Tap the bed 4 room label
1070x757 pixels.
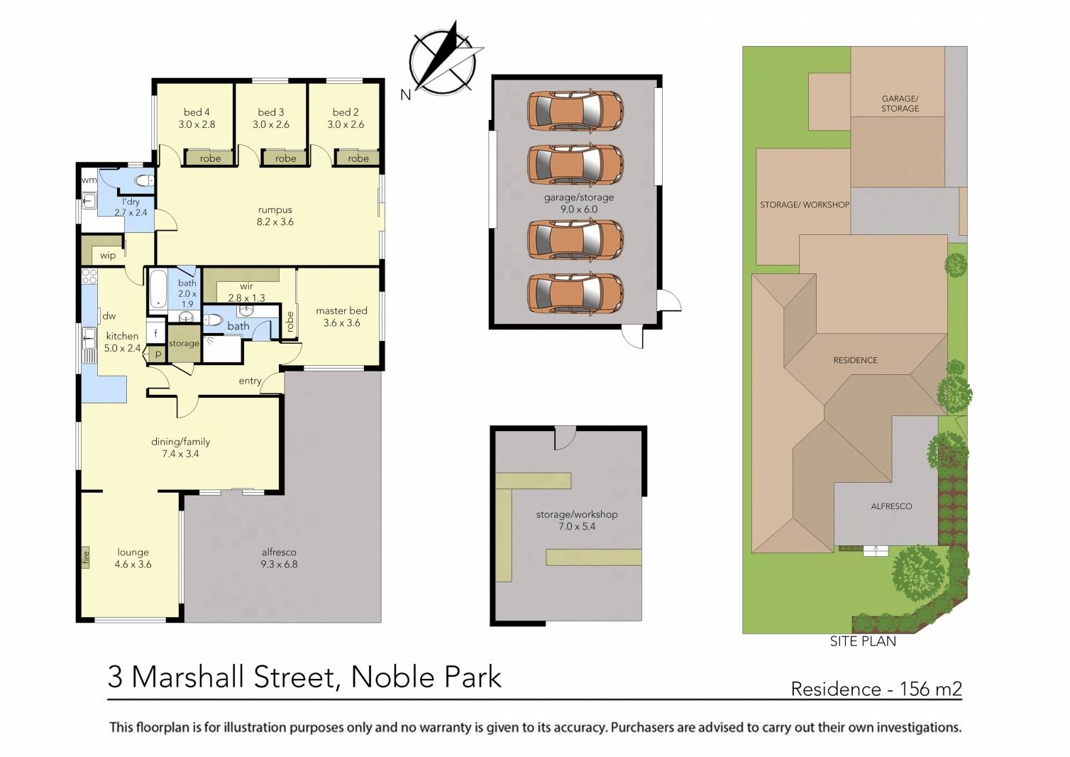(197, 118)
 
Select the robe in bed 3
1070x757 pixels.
(286, 158)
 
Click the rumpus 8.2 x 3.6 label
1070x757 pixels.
(275, 216)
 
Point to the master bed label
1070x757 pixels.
(341, 317)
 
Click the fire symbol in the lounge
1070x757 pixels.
(86, 557)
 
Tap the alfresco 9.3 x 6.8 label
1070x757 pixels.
(279, 558)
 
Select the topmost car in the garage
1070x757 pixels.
(575, 111)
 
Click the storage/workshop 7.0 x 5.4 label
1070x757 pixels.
(576, 520)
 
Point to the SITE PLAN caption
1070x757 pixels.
(863, 641)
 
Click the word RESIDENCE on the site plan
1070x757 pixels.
(855, 360)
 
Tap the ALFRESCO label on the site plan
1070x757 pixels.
(891, 506)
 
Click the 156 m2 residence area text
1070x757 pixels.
(930, 689)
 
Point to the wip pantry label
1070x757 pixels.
(108, 256)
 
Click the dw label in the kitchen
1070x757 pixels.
(109, 316)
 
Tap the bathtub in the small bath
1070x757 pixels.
(158, 289)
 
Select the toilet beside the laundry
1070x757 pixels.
(143, 181)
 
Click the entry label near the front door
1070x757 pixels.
(250, 381)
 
